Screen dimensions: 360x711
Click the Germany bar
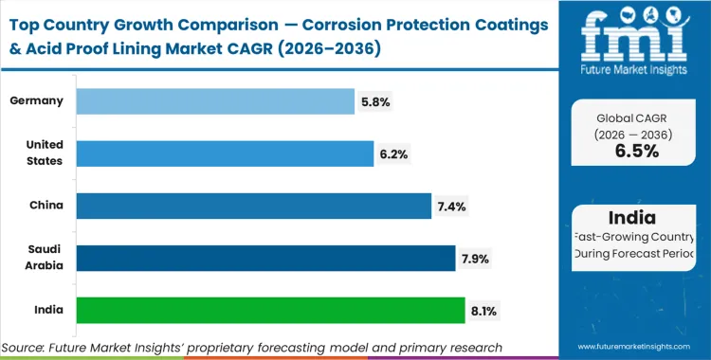click(213, 101)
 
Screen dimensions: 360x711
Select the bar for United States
click(225, 153)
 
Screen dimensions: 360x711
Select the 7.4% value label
click(450, 205)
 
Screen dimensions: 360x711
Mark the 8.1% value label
click(484, 309)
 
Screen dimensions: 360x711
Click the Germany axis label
click(37, 101)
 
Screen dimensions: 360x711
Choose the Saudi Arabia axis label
click(45, 257)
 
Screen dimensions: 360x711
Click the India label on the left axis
click(48, 309)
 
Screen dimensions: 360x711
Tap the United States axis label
click(45, 153)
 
